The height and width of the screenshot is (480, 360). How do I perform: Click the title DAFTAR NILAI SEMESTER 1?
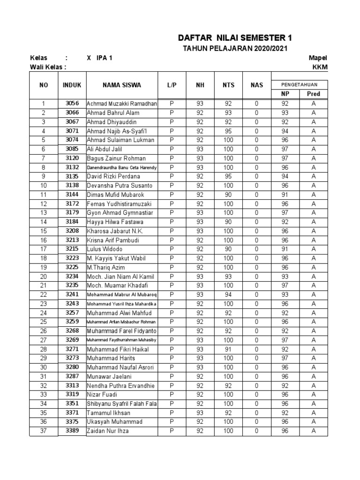(238, 38)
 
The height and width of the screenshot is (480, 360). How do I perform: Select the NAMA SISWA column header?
(121, 85)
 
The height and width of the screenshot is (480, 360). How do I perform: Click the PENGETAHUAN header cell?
(299, 84)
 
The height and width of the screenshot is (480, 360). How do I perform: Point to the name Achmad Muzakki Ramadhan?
(122, 104)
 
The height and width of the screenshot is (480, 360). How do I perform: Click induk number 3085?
(72, 149)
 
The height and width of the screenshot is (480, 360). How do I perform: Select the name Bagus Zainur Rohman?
(116, 158)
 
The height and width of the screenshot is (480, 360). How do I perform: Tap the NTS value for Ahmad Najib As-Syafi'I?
(228, 131)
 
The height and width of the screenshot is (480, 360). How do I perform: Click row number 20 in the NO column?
(44, 277)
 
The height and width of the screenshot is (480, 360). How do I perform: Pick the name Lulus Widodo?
(105, 249)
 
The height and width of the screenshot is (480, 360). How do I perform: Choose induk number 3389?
(72, 431)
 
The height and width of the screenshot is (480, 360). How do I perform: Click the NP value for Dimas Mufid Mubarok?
(285, 195)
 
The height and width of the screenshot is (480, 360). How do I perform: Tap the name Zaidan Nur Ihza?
(108, 431)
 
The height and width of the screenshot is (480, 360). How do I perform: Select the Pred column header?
(314, 94)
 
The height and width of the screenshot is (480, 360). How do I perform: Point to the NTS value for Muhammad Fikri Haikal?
(228, 349)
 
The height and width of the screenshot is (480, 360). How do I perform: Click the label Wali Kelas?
(48, 67)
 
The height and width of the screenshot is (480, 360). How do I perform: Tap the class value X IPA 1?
(99, 58)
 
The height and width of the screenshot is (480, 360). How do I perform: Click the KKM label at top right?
(320, 67)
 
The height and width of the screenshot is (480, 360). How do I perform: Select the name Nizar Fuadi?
(102, 395)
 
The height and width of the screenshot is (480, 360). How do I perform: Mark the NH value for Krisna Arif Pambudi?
(200, 240)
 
